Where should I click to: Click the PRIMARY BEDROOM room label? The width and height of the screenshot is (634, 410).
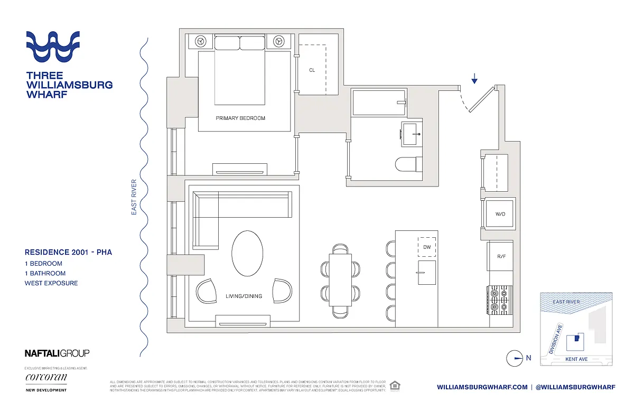240,118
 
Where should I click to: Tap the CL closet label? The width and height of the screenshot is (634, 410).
312,70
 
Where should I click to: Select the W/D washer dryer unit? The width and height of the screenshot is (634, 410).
499,214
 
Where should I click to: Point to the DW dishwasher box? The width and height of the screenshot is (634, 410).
427,247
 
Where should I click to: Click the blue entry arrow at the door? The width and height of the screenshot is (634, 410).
474,79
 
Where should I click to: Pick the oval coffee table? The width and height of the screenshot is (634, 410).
247,253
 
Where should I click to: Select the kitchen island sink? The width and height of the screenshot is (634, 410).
426,272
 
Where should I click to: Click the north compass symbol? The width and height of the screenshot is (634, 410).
514,358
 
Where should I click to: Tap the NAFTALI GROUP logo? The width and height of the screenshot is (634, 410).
57,353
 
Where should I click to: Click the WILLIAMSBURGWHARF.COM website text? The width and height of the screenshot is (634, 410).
482,387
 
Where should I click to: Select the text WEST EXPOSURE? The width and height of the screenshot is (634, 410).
51,283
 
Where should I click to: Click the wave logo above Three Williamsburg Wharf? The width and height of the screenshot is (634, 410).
53,47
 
